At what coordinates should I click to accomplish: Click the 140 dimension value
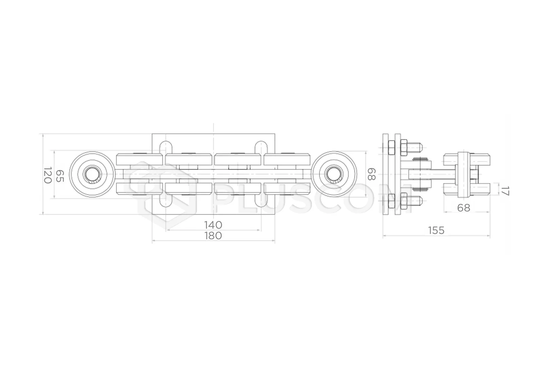213,225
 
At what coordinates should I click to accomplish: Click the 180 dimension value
213,236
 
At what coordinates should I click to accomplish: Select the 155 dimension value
436,230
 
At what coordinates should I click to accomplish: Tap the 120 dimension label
48,175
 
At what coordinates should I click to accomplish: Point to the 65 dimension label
60,176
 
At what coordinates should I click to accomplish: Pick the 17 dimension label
505,191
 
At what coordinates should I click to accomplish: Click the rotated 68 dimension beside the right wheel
371,174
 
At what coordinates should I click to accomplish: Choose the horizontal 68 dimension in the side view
463,208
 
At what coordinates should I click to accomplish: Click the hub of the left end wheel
92,174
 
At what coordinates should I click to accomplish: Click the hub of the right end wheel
334,174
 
